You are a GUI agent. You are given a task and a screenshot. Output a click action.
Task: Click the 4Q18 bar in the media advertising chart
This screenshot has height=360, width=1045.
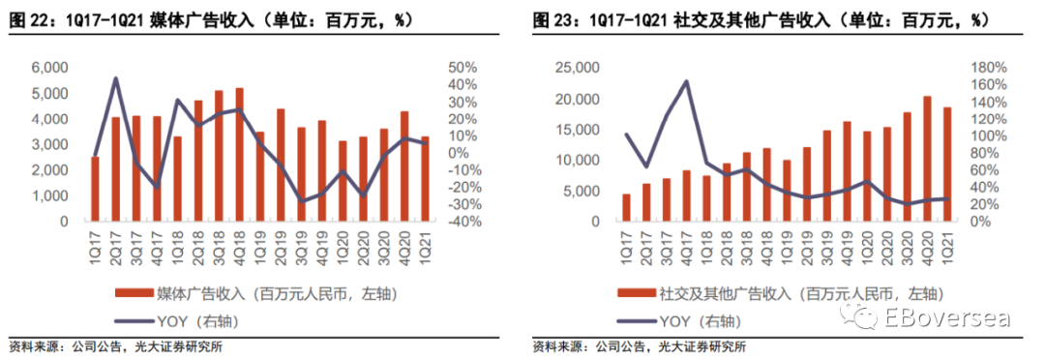pos(239,154)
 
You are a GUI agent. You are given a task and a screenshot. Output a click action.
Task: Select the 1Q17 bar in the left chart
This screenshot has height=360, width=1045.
pos(95,189)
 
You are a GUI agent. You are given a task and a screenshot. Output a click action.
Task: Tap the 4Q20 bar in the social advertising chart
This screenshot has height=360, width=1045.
pos(927,159)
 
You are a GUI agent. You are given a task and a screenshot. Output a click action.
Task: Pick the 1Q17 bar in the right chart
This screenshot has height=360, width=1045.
pos(626,207)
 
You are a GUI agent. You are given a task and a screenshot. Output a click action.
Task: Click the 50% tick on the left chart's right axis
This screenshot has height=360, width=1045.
pos(462,68)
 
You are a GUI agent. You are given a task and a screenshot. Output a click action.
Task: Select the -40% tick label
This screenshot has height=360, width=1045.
pos(462,222)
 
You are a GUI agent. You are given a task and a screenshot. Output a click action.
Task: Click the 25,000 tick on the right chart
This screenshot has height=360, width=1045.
pos(576,68)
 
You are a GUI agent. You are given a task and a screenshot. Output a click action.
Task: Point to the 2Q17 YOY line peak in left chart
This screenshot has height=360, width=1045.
pos(115,78)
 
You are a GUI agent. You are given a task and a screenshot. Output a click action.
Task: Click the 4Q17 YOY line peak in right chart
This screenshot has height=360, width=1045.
pos(686,82)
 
